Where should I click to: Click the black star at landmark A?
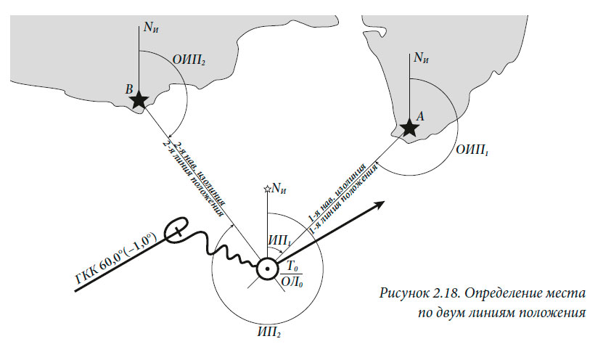[x=410, y=128]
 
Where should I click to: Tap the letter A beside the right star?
[x=419, y=114]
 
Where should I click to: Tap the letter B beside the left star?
[x=128, y=89]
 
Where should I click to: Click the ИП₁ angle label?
[x=279, y=238]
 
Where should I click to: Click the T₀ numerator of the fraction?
[x=292, y=266]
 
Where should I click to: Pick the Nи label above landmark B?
[x=151, y=28]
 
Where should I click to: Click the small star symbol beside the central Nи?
[x=268, y=189]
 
